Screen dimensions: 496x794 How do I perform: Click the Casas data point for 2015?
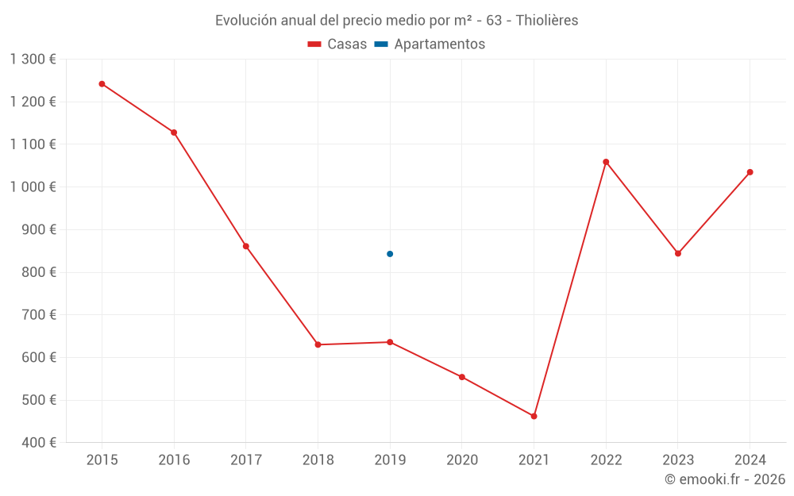click(x=102, y=83)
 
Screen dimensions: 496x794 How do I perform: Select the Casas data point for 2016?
click(x=174, y=133)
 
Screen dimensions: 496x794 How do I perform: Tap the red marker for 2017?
click(x=246, y=246)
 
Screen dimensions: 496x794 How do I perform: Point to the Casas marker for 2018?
click(x=318, y=344)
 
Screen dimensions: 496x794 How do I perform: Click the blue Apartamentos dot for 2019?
click(x=390, y=254)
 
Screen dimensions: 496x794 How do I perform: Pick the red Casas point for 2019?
click(x=390, y=342)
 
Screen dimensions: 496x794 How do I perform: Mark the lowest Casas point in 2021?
click(x=534, y=416)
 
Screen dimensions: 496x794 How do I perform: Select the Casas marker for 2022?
click(x=606, y=162)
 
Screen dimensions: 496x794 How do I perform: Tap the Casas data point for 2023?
click(x=678, y=254)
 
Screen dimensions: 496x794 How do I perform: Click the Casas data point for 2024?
click(x=750, y=172)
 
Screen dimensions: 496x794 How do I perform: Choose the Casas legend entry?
click(x=337, y=44)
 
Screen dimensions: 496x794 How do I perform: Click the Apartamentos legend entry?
click(x=430, y=44)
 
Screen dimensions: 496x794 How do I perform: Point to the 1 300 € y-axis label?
click(x=33, y=60)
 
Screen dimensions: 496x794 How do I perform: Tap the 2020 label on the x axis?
click(x=462, y=460)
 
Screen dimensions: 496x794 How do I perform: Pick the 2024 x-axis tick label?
click(x=750, y=460)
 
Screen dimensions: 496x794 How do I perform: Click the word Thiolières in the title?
click(x=547, y=21)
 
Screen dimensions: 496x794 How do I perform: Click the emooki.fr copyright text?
click(x=725, y=479)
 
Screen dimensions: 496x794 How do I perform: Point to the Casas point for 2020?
click(x=462, y=377)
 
